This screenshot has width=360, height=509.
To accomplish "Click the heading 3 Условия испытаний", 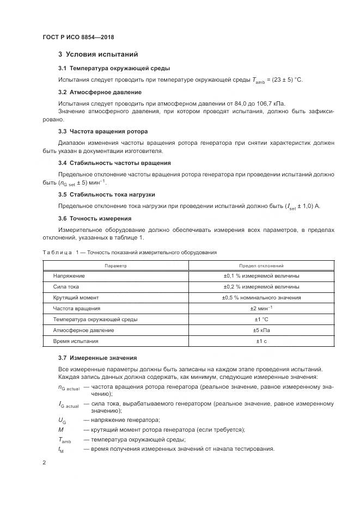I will tap(98, 54).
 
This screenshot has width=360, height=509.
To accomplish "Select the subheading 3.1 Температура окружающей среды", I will tap(114, 68).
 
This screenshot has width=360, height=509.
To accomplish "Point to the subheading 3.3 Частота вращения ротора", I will tap(103, 131).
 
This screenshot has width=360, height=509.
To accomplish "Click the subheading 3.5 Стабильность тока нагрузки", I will tap(106, 194).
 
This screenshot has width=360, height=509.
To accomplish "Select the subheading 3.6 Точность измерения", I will tap(94, 218).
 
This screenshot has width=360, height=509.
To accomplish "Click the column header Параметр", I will tap(115, 266).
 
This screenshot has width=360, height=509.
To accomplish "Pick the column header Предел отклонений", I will tap(261, 266).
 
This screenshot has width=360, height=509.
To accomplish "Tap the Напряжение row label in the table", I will tap(69, 276).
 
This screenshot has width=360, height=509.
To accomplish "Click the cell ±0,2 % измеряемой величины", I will tap(261, 287).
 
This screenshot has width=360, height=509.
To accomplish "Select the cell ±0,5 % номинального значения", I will tap(261, 298).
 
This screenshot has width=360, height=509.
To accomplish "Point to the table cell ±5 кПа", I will tap(261, 330).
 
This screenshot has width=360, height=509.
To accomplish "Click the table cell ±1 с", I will tap(261, 341).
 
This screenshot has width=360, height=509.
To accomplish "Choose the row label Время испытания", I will tap(75, 341).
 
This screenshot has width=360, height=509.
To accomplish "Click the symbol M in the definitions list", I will tap(61, 430).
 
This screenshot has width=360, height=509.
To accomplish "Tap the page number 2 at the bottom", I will tap(44, 462).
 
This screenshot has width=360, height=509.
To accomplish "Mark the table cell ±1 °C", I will tap(261, 319).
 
